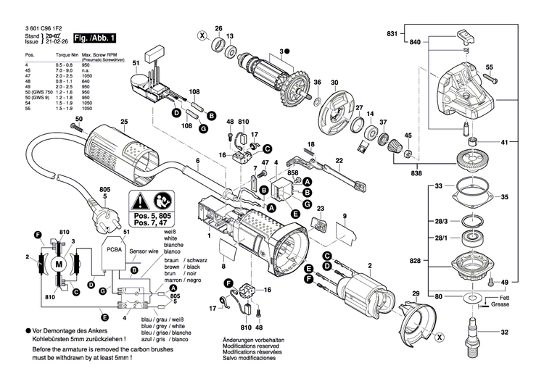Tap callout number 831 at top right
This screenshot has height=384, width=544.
(x=392, y=35)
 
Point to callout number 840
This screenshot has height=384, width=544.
(x=415, y=44)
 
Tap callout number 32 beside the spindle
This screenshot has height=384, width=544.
(x=504, y=333)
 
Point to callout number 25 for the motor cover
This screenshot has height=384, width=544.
(x=124, y=121)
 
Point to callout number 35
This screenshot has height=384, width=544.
(x=504, y=196)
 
